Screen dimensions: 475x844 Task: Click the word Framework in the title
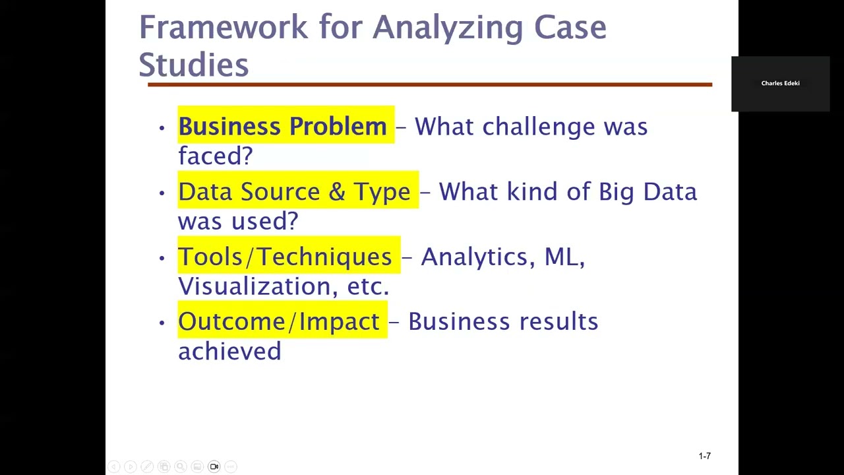(x=223, y=28)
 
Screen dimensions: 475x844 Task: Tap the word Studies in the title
(x=193, y=65)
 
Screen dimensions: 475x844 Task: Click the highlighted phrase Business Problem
(x=282, y=126)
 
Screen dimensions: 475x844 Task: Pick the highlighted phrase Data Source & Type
(x=294, y=191)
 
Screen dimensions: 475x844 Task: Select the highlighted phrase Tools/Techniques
(x=285, y=256)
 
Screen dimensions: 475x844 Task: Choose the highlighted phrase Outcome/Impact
(x=279, y=321)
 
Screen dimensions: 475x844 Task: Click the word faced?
(x=216, y=156)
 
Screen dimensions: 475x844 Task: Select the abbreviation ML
(x=563, y=257)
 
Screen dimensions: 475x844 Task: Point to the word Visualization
(x=258, y=286)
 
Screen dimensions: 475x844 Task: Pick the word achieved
(x=229, y=350)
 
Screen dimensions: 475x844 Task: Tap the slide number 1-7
(x=704, y=456)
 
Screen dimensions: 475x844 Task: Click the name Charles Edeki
(x=780, y=83)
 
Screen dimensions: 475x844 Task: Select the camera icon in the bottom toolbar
(x=214, y=466)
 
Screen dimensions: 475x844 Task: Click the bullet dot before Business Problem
(x=162, y=127)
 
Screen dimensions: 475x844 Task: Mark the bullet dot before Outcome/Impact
(x=162, y=323)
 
